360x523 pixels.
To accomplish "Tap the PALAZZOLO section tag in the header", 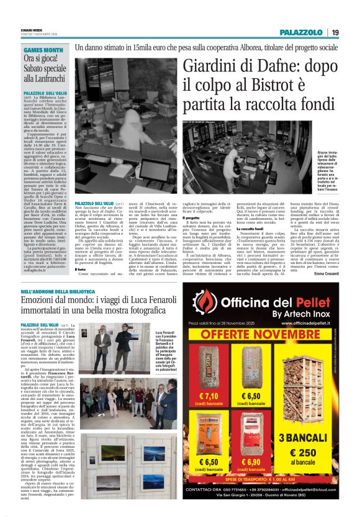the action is (x=299, y=32).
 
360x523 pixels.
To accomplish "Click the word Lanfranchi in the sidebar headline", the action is (x=50, y=79).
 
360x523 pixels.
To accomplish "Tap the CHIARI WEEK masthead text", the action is (x=30, y=29).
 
